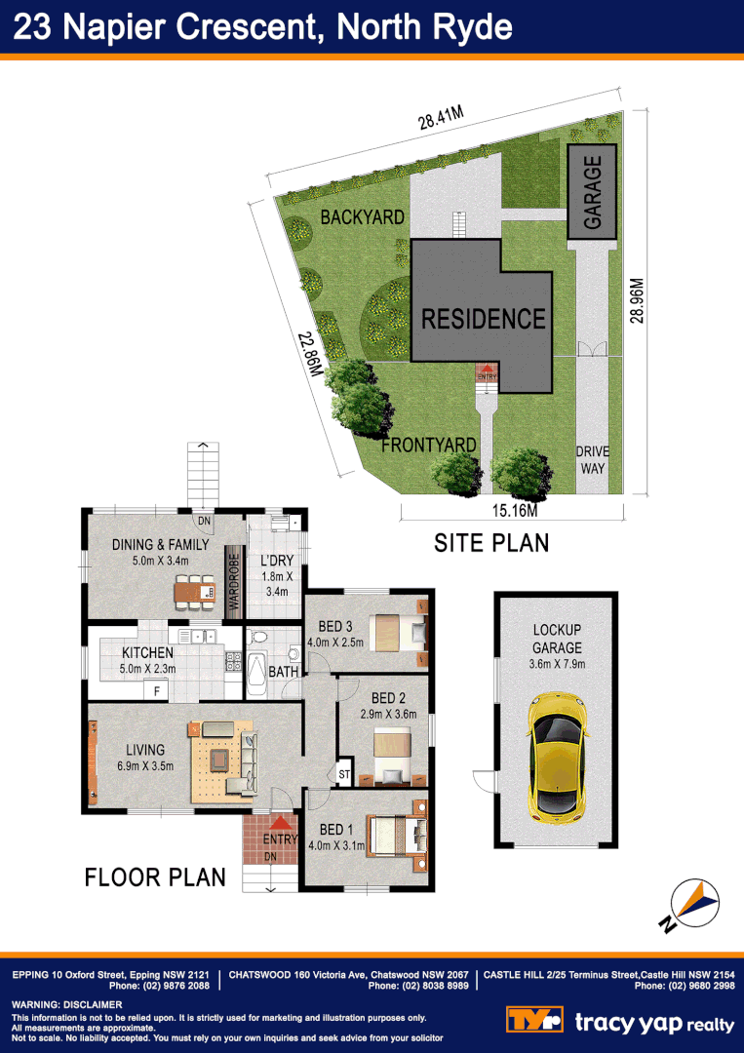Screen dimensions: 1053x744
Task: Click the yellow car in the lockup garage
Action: [x=557, y=756]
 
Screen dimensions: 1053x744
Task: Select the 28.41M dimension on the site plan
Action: [x=441, y=120]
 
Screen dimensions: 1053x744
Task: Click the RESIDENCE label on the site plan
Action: [x=483, y=319]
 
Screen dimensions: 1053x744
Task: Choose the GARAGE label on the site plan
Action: [x=593, y=193]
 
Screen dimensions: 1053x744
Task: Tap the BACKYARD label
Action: [x=362, y=217]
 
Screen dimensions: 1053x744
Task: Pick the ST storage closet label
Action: [x=344, y=775]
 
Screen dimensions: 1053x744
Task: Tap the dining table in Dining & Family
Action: [x=194, y=590]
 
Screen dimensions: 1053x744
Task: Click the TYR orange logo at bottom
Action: [x=535, y=1021]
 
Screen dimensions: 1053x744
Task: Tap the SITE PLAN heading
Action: [x=491, y=543]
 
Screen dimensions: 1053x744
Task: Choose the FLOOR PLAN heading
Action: [x=155, y=877]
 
